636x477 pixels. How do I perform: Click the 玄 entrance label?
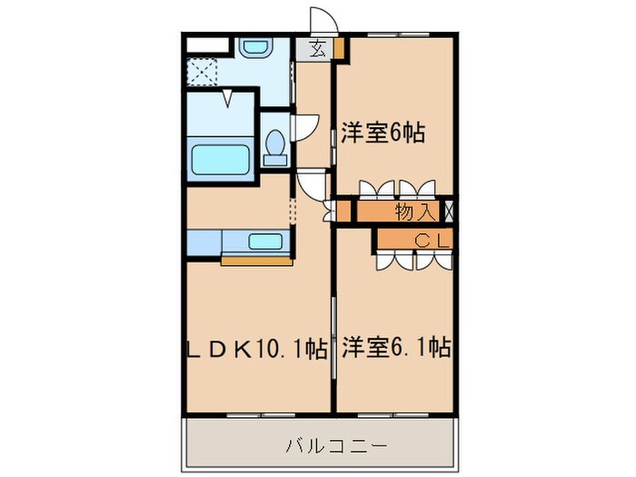tap(317, 49)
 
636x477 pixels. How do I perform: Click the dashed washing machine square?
tap(203, 71)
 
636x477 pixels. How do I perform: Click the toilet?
tap(275, 146)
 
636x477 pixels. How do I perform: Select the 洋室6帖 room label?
tap(383, 133)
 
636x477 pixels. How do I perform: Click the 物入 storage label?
tap(414, 213)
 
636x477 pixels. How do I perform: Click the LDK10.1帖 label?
tap(257, 347)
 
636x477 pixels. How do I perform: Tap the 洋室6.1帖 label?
tap(397, 347)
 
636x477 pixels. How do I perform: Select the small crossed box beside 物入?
tap(448, 213)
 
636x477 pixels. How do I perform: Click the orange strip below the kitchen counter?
tap(256, 262)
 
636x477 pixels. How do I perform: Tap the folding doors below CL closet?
tap(413, 260)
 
